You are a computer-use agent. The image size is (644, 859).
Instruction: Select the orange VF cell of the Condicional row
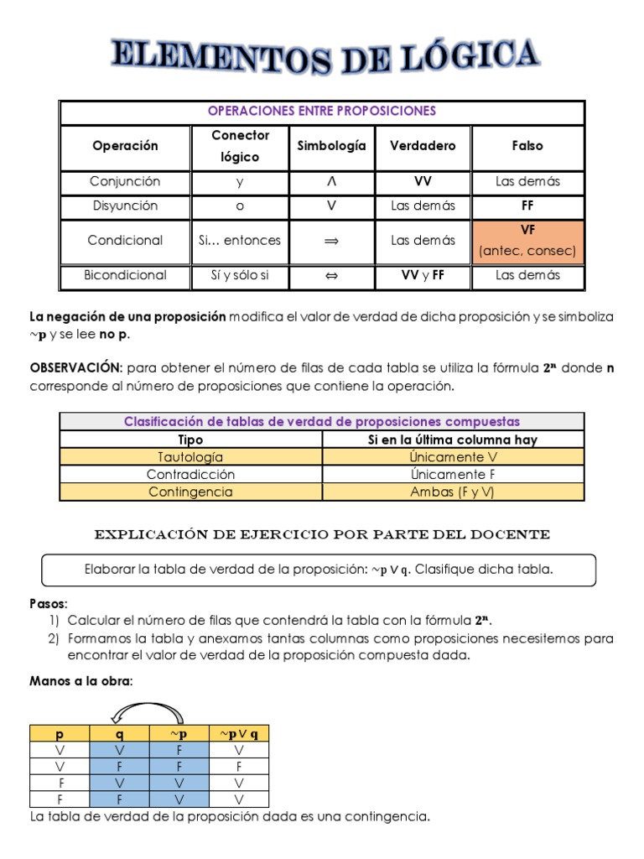pyautogui.click(x=527, y=240)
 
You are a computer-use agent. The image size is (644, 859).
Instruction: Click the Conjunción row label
pyautogui.click(x=125, y=181)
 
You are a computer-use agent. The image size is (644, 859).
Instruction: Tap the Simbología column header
pyautogui.click(x=331, y=146)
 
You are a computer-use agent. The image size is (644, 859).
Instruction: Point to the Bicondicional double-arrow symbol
pyautogui.click(x=331, y=275)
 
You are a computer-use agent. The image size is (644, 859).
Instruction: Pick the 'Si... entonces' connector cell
pyautogui.click(x=240, y=240)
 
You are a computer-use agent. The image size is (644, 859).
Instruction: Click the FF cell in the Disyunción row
pyautogui.click(x=527, y=206)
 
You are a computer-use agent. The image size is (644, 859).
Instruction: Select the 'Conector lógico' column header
pyautogui.click(x=240, y=146)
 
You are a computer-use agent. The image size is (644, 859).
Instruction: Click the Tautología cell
pyautogui.click(x=190, y=457)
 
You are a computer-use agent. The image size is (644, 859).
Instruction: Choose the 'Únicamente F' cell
pyautogui.click(x=453, y=474)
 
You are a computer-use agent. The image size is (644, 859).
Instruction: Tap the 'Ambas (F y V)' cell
pyautogui.click(x=453, y=492)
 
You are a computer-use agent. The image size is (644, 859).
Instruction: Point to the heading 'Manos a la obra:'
pyautogui.click(x=81, y=682)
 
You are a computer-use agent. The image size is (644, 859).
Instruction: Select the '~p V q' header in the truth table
pyautogui.click(x=239, y=733)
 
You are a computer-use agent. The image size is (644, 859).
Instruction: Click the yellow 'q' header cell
pyautogui.click(x=119, y=733)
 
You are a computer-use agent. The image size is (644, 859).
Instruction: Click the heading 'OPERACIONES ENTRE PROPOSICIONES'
pyautogui.click(x=322, y=112)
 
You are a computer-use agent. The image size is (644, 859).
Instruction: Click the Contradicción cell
pyautogui.click(x=190, y=474)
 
